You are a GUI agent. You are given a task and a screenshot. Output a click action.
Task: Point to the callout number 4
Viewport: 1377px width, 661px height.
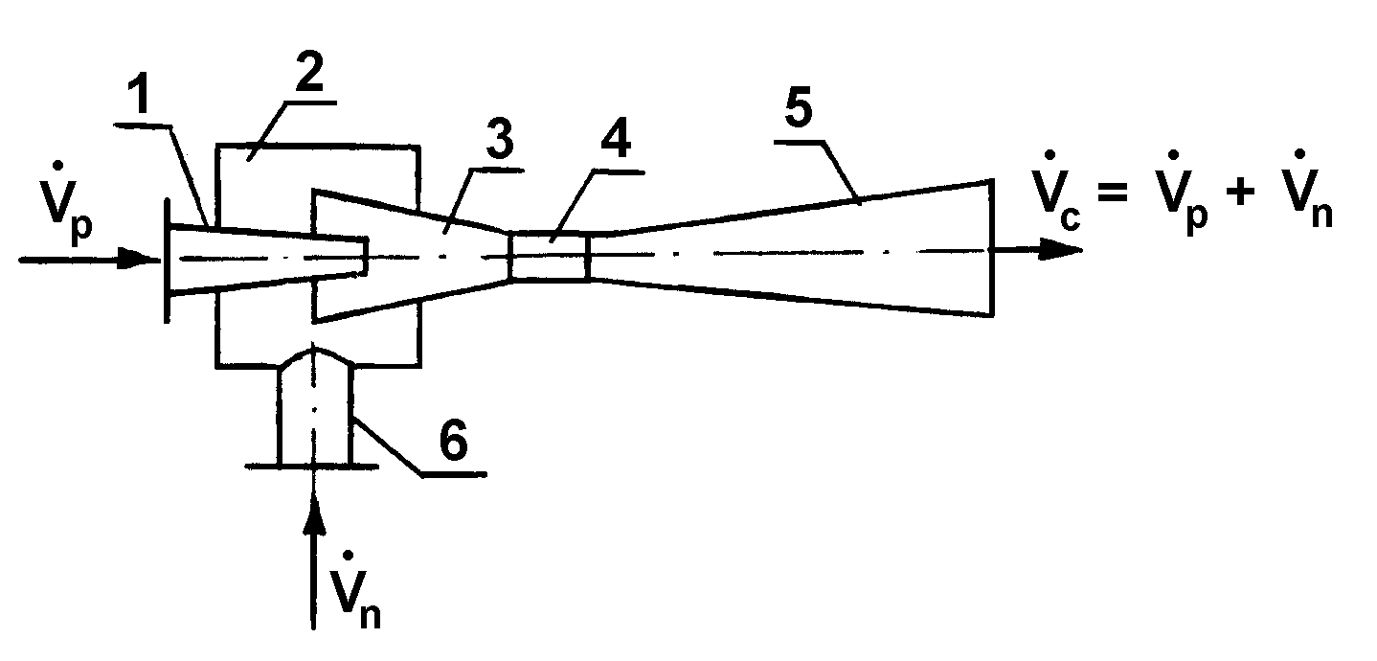tap(610, 146)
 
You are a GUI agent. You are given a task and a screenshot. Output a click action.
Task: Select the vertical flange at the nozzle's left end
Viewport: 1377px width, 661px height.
tap(168, 259)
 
